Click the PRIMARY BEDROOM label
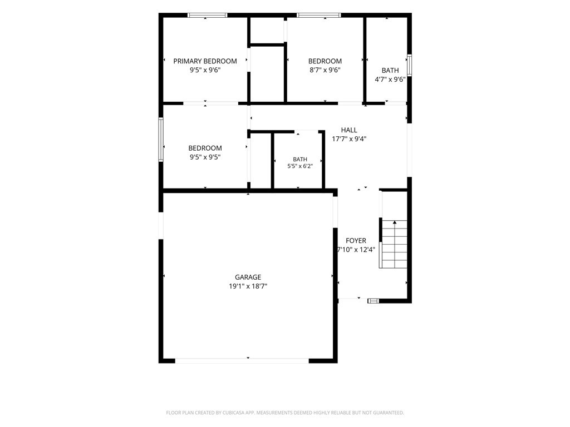click(x=205, y=61)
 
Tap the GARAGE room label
click(x=248, y=277)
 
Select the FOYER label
click(x=356, y=240)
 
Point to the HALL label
click(x=349, y=130)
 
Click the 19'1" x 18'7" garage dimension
click(x=248, y=286)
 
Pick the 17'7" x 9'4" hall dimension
click(x=349, y=138)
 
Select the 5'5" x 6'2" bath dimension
click(x=300, y=166)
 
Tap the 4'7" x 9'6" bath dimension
click(x=390, y=79)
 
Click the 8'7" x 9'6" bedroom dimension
click(x=325, y=70)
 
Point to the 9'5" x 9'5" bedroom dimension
click(x=205, y=157)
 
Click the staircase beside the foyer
click(x=394, y=244)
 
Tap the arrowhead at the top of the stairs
click(x=395, y=222)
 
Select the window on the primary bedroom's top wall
click(x=207, y=15)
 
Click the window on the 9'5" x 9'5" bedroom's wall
click(x=161, y=139)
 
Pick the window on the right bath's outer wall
click(x=409, y=65)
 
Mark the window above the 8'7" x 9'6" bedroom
click(x=319, y=15)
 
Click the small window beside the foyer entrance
click(x=373, y=301)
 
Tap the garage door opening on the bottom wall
click(x=242, y=360)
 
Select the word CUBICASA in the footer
click(x=235, y=413)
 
